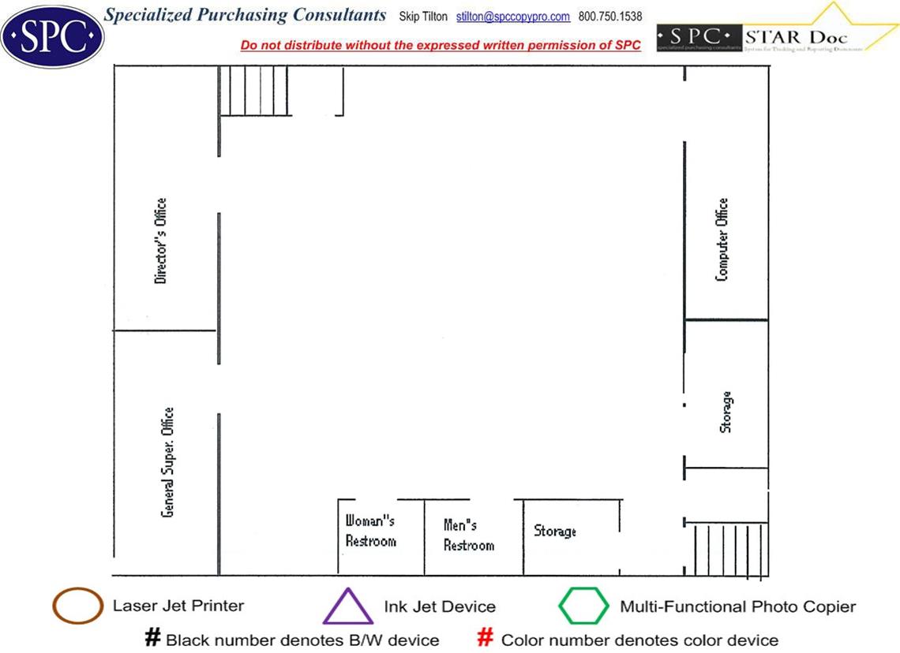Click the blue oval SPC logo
tap(52, 35)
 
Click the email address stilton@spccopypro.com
tap(512, 17)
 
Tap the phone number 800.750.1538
tap(610, 17)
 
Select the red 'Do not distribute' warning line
tap(441, 45)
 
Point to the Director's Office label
tap(161, 241)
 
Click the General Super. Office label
tap(167, 463)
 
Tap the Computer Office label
tap(722, 240)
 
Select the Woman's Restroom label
tap(370, 531)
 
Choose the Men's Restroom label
tap(468, 535)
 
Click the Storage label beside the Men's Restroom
tap(555, 531)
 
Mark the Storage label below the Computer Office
tap(726, 412)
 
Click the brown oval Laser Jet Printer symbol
tap(77, 606)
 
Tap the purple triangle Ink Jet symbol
tap(347, 607)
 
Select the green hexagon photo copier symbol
tap(583, 606)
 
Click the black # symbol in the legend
tap(153, 637)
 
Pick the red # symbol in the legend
tap(486, 637)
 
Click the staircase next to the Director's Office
tap(254, 91)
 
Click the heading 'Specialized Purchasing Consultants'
tap(246, 15)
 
